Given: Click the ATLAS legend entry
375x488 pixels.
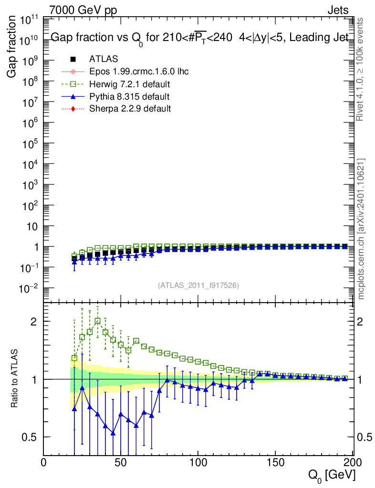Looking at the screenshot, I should pyautogui.click(x=104, y=59).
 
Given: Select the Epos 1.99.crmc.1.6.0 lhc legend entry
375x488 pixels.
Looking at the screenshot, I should pyautogui.click(x=139, y=71).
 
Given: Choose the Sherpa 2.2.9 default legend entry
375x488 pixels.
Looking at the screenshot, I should pyautogui.click(x=130, y=109).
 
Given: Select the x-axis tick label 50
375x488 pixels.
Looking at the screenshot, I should pyautogui.click(x=121, y=463).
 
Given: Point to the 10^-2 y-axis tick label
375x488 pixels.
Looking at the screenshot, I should pyautogui.click(x=28, y=289).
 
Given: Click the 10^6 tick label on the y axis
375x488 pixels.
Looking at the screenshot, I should pyautogui.click(x=30, y=122).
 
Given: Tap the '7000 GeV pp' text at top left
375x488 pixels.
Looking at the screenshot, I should pyautogui.click(x=83, y=10).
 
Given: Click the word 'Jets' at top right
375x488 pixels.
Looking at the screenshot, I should pyautogui.click(x=337, y=10).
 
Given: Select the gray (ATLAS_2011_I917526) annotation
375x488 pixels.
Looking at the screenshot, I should pyautogui.click(x=198, y=285).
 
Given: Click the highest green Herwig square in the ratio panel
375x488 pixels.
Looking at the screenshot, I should pyautogui.click(x=97, y=321).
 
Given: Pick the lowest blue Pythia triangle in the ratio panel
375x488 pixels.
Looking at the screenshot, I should pyautogui.click(x=113, y=433).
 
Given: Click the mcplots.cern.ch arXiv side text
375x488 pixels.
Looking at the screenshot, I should pyautogui.click(x=361, y=229).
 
